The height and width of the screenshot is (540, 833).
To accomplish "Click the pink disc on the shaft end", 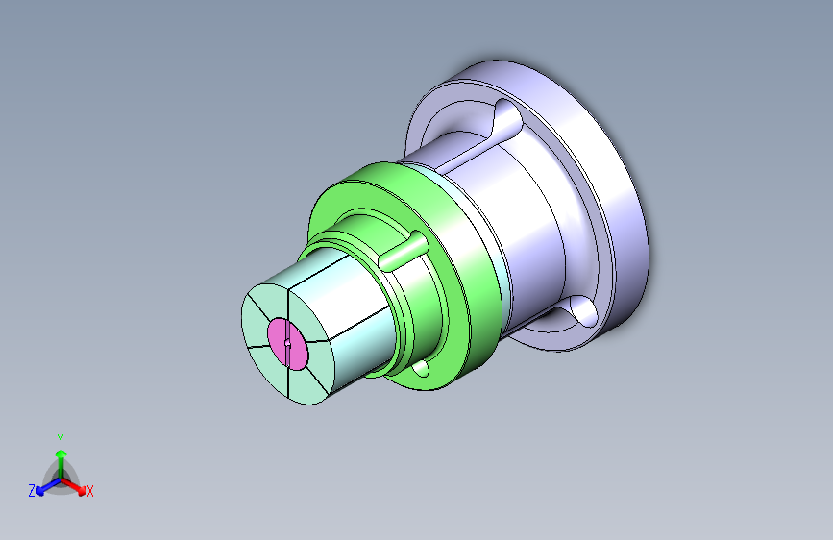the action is pyautogui.click(x=287, y=343).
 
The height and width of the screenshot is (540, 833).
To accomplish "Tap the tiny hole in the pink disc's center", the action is pyautogui.click(x=287, y=343).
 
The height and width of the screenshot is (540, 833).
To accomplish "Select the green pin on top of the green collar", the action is pyautogui.click(x=403, y=251).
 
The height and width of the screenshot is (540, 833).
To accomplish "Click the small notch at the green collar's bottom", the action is pyautogui.click(x=421, y=368).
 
